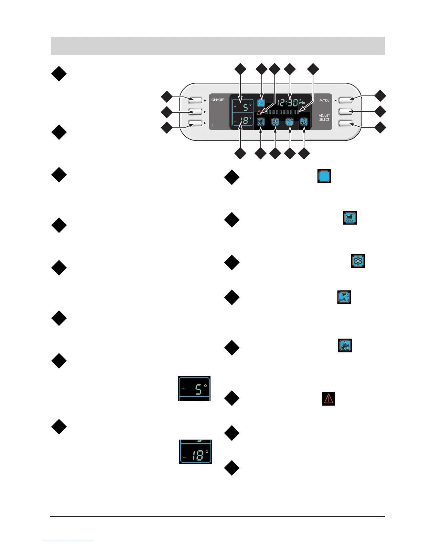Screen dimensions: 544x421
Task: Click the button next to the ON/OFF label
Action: point(195,100)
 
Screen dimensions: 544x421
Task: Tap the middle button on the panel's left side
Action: point(195,112)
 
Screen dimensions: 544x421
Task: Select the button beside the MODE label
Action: point(345,100)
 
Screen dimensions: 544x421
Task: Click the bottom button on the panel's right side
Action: point(345,123)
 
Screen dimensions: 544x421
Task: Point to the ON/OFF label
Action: point(217,100)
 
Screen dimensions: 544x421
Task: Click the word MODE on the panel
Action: point(324,100)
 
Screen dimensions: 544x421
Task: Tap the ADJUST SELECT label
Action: point(324,117)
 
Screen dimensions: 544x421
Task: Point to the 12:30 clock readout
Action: point(288,103)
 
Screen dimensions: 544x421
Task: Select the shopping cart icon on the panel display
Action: point(261,122)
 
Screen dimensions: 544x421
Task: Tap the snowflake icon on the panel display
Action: point(275,122)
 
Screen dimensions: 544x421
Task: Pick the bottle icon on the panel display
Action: point(304,122)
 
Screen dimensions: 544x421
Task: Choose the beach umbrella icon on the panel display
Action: point(289,122)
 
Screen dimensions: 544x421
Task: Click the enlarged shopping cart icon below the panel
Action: point(350,218)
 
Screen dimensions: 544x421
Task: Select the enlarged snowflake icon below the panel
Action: point(358,261)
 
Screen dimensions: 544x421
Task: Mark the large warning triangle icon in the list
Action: point(328,398)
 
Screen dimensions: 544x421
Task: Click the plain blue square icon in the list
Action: point(324,176)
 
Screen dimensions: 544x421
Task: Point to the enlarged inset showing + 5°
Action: point(194,388)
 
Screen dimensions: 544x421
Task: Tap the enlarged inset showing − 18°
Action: point(196,452)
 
